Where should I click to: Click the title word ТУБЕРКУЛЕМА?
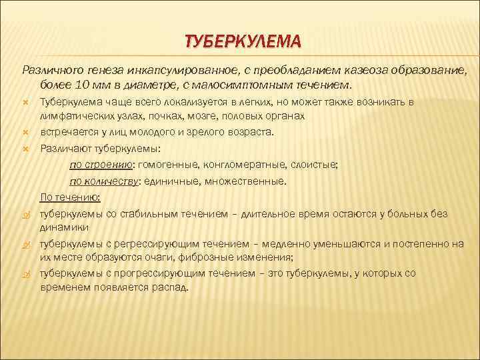(243, 43)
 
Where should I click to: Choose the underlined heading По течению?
(71, 197)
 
